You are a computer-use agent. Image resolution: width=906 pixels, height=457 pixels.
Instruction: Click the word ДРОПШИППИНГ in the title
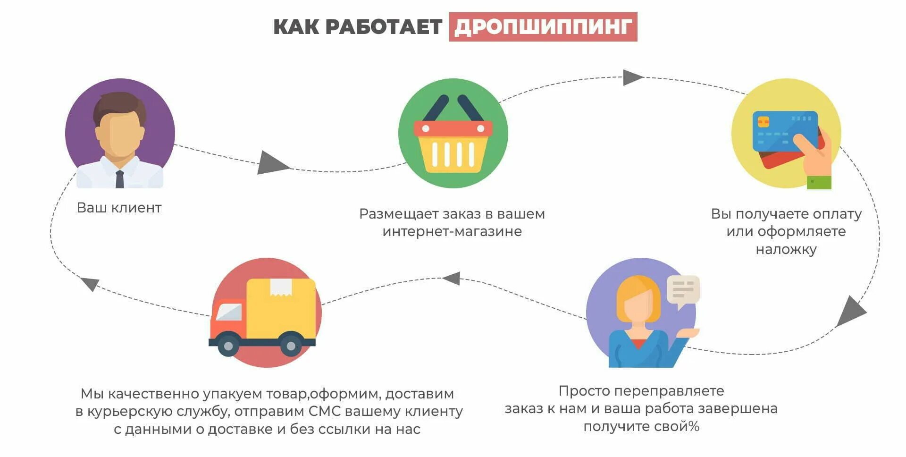[x=543, y=27]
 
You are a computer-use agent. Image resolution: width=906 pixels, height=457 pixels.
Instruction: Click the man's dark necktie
[x=120, y=178]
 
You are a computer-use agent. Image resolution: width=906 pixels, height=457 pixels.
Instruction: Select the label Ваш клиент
[x=119, y=208]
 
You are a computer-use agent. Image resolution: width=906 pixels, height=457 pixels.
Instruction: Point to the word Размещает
[x=399, y=214]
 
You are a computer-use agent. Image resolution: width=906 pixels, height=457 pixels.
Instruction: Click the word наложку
[x=786, y=249]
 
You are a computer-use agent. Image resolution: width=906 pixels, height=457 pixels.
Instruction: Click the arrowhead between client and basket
[x=272, y=162]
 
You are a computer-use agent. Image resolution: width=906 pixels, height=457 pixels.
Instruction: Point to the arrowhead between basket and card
[x=632, y=77]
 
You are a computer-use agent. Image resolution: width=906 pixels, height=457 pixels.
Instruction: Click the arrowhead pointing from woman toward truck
[x=452, y=278]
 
